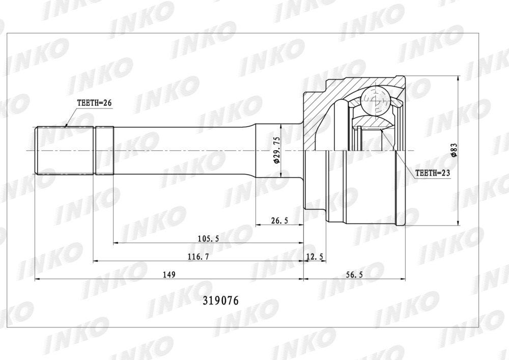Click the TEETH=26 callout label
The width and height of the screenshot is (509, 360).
[94, 103]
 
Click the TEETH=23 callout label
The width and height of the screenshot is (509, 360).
[433, 173]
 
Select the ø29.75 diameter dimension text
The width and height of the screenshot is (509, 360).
[276, 150]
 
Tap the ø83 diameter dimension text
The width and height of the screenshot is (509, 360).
[454, 150]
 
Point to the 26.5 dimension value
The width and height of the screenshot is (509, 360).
[279, 221]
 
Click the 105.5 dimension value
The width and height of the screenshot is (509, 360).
[208, 239]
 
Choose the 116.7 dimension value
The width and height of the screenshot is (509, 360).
[199, 257]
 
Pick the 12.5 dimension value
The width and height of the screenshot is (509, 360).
[315, 257]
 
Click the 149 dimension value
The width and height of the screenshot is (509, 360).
[169, 274]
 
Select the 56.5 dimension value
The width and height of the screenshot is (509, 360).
[354, 274]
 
